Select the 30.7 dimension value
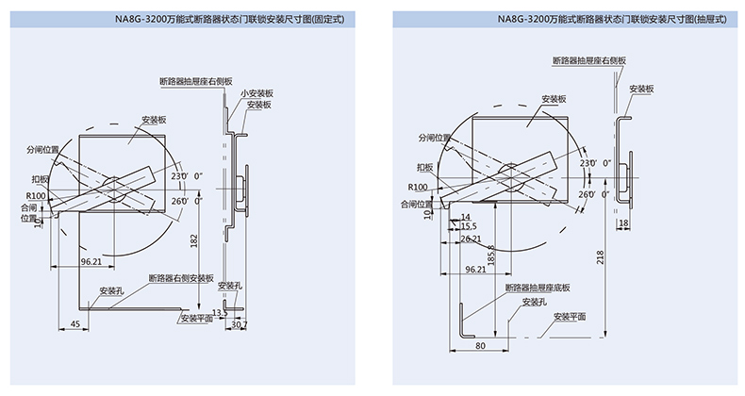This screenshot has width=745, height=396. tap(240, 325)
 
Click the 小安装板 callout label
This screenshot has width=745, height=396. tap(256, 93)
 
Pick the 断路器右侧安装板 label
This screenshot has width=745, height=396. tap(181, 278)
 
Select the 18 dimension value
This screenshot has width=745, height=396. tap(625, 223)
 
